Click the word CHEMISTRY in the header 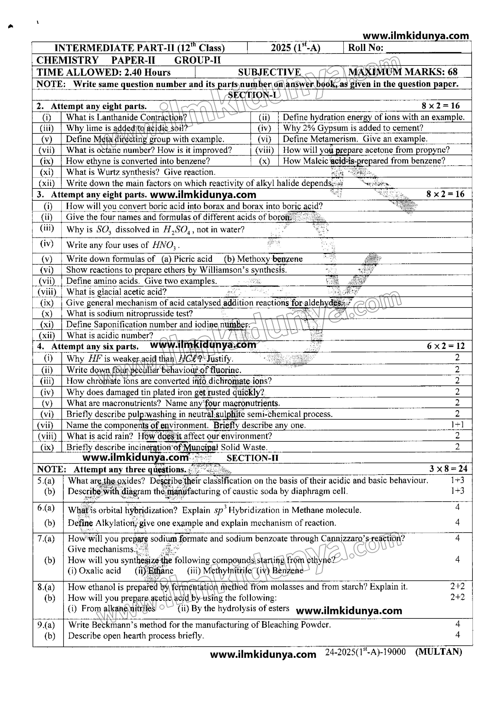pos(67,60)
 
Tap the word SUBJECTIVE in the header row pos(269,72)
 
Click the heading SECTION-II pos(252,458)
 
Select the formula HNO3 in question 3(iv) pos(164,245)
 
